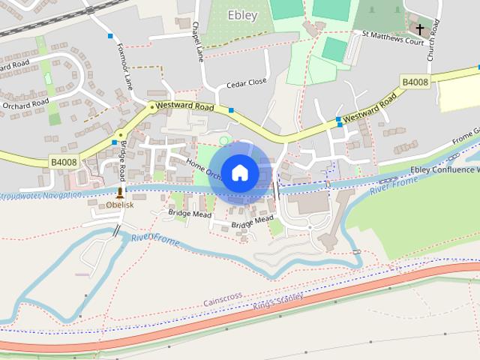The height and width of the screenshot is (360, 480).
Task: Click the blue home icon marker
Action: [x=239, y=173]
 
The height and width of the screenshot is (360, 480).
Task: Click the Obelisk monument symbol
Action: [x=119, y=193]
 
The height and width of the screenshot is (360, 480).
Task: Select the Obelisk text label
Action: [x=119, y=205]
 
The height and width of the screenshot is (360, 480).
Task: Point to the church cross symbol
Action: [x=419, y=29]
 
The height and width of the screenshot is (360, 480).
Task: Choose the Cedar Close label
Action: [x=247, y=82]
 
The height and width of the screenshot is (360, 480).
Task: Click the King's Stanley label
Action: [x=277, y=302]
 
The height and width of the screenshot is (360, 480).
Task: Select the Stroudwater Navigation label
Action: [x=40, y=195]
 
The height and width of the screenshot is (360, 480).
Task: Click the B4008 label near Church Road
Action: [x=415, y=82]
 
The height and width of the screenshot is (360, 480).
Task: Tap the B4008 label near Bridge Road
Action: [x=64, y=161]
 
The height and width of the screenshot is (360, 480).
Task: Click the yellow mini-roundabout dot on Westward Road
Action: [x=152, y=107]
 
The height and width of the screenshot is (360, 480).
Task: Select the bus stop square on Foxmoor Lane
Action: [x=110, y=36]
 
